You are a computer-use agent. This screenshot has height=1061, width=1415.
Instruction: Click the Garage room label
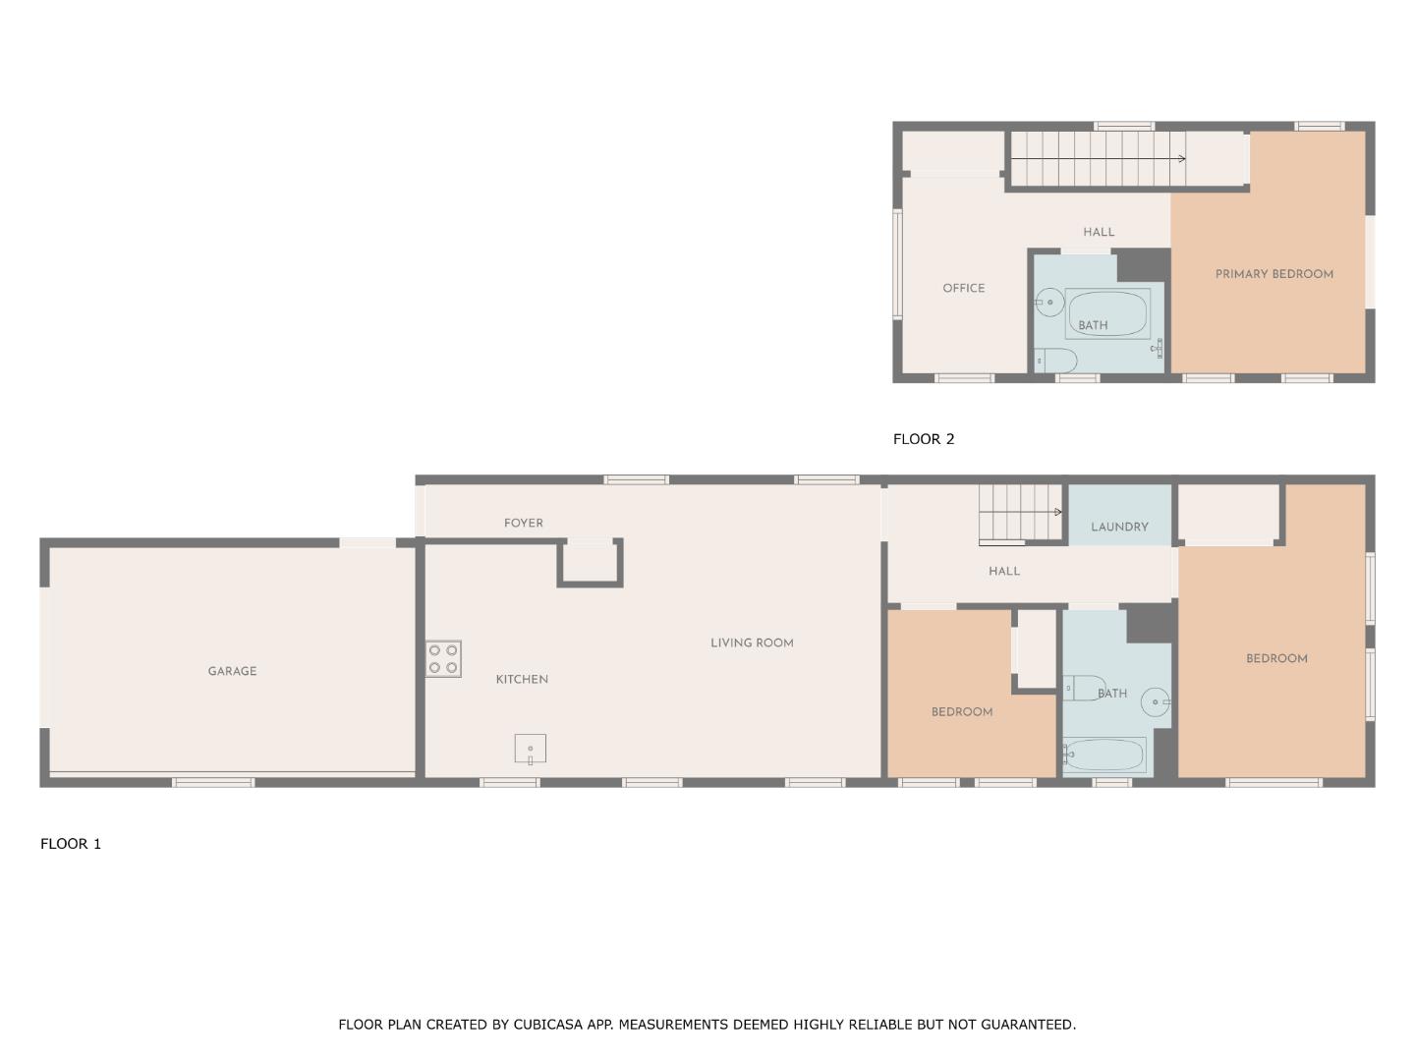pyautogui.click(x=232, y=671)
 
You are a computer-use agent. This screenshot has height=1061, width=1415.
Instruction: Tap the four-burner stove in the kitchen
pyautogui.click(x=443, y=658)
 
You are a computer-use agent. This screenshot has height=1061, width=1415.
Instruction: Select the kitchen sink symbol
pyautogui.click(x=530, y=750)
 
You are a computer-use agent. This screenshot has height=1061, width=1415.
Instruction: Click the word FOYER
pyautogui.click(x=523, y=523)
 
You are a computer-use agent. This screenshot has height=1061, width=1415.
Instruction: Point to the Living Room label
pyautogui.click(x=752, y=642)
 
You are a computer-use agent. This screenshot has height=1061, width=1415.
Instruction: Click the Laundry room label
pyautogui.click(x=1119, y=527)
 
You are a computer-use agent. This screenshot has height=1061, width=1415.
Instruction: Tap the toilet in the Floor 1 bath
pyautogui.click(x=1083, y=688)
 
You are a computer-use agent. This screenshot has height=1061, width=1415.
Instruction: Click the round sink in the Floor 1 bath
pyautogui.click(x=1156, y=701)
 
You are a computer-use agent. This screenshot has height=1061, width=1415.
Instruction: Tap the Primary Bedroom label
pyautogui.click(x=1273, y=274)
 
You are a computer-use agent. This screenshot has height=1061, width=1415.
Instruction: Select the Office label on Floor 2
pyautogui.click(x=963, y=288)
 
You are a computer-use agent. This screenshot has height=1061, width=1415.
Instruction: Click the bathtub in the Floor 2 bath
pyautogui.click(x=1107, y=312)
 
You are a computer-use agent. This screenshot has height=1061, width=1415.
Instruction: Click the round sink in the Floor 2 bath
pyautogui.click(x=1049, y=303)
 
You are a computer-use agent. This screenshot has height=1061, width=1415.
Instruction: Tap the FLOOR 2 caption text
pyautogui.click(x=923, y=439)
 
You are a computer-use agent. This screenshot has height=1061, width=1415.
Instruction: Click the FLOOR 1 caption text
pyautogui.click(x=71, y=843)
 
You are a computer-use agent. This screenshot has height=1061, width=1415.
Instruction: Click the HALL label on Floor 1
pyautogui.click(x=1003, y=571)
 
